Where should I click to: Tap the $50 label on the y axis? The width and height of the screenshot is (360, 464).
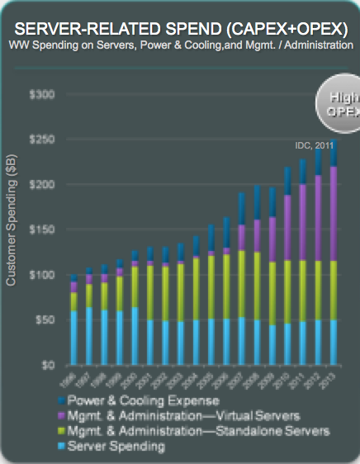click(41, 319)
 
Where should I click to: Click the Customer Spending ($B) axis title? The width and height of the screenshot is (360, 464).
click(11, 224)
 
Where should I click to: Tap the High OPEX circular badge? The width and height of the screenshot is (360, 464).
click(339, 102)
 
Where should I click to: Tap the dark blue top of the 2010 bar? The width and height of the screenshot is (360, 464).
click(287, 181)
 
